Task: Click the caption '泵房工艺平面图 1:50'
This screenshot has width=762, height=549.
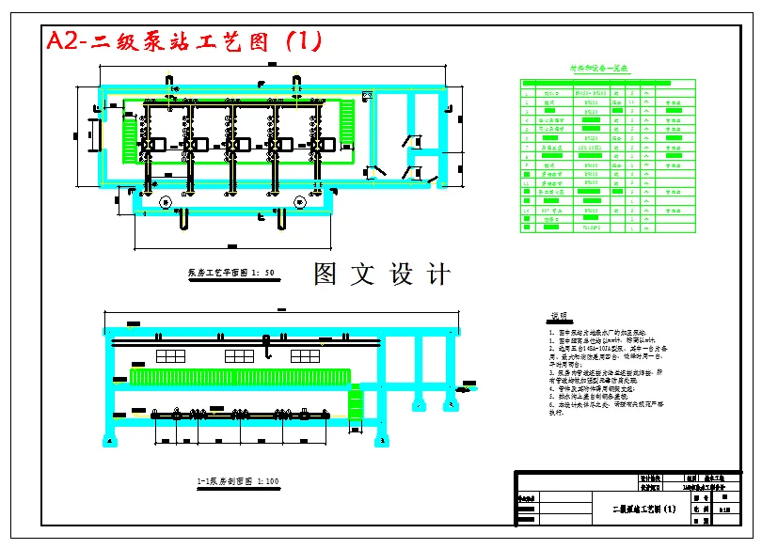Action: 230,273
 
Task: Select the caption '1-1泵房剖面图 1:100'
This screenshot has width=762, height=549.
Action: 237,481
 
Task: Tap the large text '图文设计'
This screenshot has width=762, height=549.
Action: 382,274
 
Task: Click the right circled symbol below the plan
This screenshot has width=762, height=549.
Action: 300,201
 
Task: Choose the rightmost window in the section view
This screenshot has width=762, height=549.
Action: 305,355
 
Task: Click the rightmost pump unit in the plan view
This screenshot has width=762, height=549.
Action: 323,144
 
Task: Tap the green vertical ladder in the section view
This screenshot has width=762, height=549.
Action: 356,405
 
